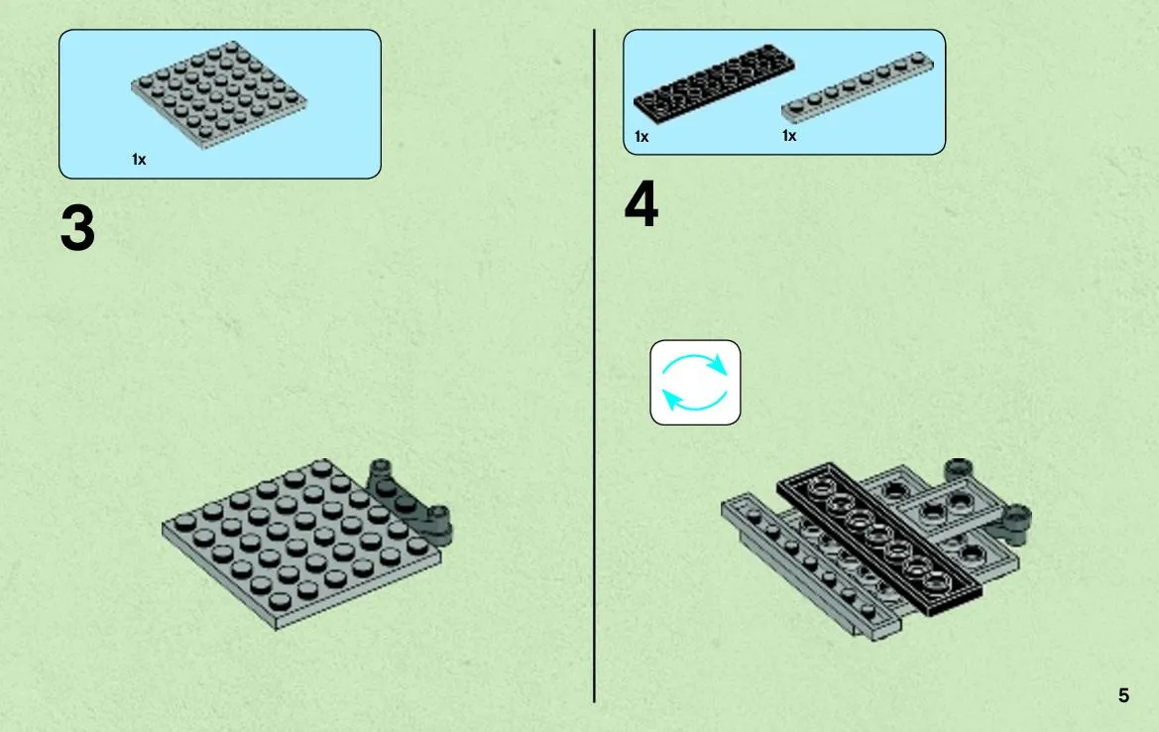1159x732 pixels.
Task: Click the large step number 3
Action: point(77,228)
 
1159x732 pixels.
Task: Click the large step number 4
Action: point(640,203)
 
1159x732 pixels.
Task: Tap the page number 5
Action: point(1123,695)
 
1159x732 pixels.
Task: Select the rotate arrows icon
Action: point(695,382)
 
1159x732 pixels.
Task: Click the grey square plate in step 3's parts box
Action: point(219,94)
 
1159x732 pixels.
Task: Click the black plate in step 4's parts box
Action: point(714,81)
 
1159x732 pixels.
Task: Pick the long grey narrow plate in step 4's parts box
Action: point(858,86)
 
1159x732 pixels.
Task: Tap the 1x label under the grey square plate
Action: point(139,159)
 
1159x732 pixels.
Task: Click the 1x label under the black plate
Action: point(641,137)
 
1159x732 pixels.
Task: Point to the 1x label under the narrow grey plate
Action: point(789,136)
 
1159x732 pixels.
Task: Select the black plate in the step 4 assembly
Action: point(879,539)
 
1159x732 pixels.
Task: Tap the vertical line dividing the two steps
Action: point(594,366)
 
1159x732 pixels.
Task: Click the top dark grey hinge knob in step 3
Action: point(380,468)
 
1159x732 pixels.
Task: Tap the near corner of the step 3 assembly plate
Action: point(277,629)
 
